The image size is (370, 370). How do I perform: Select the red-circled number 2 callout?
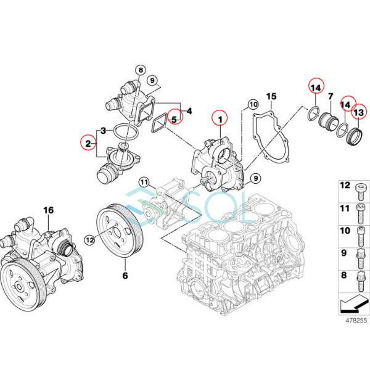tap(89, 143)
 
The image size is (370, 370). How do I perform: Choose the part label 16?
tap(48, 210)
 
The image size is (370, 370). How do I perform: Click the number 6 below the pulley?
tap(125, 276)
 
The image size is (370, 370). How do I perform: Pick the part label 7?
tap(331, 97)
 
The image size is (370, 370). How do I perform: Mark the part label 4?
tap(189, 111)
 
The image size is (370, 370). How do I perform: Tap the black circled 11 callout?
tap(144, 182)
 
